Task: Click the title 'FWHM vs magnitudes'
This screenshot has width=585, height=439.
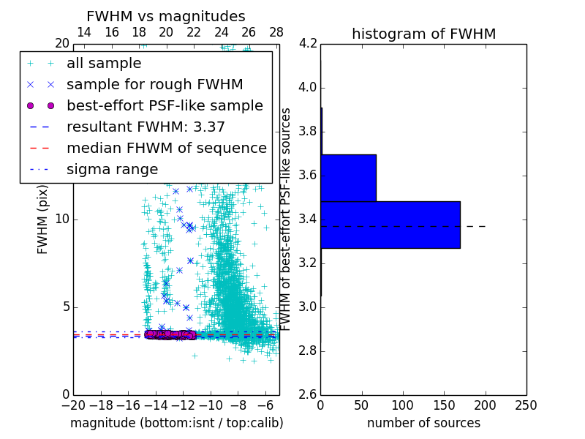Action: click(166, 16)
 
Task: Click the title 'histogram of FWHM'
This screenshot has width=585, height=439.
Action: click(423, 34)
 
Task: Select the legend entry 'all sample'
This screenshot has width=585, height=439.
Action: click(104, 64)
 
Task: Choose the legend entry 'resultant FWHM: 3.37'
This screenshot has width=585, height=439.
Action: click(146, 127)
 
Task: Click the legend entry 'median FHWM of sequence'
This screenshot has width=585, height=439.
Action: click(166, 149)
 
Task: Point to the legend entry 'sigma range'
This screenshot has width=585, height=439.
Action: click(112, 170)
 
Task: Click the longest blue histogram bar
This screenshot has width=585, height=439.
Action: click(390, 225)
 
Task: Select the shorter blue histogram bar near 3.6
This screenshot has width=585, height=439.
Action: click(348, 178)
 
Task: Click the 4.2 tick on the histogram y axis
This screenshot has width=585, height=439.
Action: click(307, 44)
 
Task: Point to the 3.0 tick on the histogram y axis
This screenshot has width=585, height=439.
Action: click(307, 307)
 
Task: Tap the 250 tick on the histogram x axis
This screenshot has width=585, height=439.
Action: click(526, 405)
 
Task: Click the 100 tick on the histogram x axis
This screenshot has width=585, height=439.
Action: click(403, 405)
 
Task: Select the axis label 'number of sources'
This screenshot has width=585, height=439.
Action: click(423, 423)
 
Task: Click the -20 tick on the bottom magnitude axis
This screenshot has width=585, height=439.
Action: click(73, 405)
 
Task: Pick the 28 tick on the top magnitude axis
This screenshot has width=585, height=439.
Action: click(276, 32)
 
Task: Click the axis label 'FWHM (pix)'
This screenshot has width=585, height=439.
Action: click(43, 219)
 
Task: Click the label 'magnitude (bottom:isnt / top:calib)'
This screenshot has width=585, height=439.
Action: click(176, 423)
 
